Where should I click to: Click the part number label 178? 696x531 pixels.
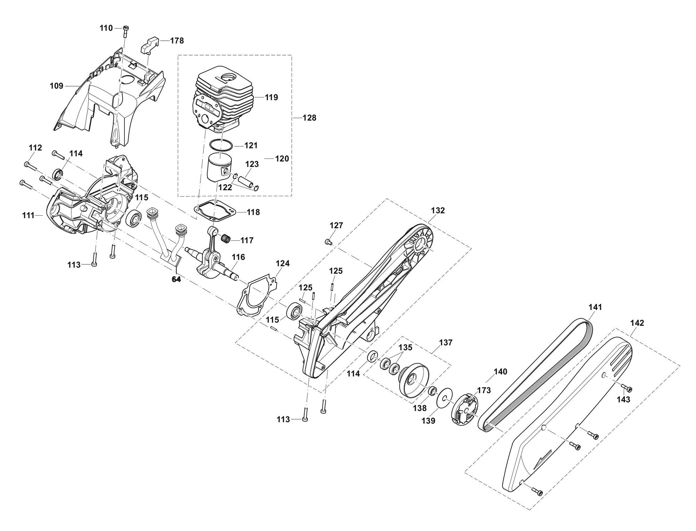(177, 41)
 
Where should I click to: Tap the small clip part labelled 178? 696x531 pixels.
(150, 44)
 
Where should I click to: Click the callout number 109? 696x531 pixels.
(57, 86)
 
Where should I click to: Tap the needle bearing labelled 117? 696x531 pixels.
(226, 237)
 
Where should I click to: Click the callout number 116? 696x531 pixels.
(238, 257)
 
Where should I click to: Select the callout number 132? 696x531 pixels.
(438, 211)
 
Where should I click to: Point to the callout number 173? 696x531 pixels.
(484, 390)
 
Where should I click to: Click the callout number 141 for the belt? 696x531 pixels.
(595, 307)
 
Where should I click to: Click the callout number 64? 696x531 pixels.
(176, 279)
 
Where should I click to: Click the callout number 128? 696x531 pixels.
(309, 118)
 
